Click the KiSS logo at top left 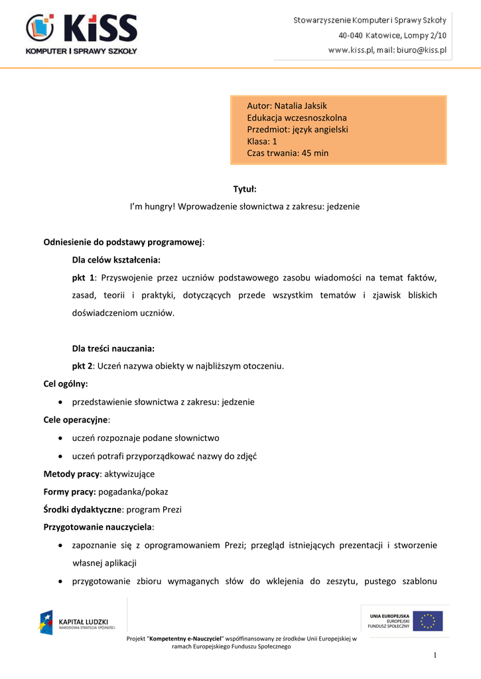81,34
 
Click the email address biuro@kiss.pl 421,50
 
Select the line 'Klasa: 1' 262,141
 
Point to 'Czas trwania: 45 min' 287,153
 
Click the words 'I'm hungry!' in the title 152,207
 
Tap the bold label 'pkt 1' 83,277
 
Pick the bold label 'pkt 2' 83,365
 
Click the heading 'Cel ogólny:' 66,383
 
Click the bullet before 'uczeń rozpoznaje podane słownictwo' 61,438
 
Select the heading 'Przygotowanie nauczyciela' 98,528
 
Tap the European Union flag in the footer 427,621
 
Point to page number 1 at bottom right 435,656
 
